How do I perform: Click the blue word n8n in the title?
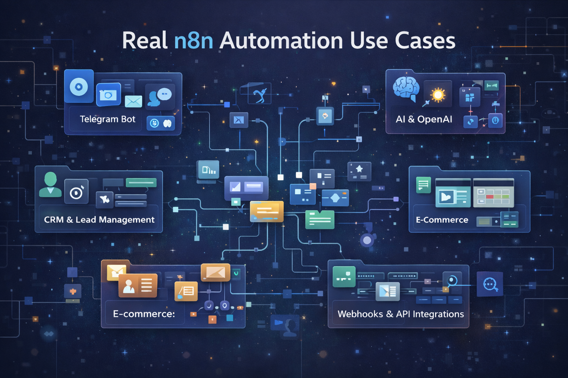click(193, 41)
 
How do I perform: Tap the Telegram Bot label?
click(108, 119)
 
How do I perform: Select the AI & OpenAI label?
click(424, 119)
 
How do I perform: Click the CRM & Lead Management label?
click(99, 220)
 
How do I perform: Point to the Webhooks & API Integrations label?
click(400, 314)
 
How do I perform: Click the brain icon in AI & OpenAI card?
click(406, 89)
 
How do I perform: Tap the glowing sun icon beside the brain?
click(438, 95)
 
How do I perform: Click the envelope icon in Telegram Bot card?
click(133, 101)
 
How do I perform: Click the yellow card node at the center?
click(267, 212)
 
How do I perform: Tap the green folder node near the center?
click(320, 220)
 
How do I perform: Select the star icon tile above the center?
click(359, 171)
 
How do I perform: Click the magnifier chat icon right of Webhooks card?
click(490, 284)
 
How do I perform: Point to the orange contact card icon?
click(138, 285)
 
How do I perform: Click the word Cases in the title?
click(425, 41)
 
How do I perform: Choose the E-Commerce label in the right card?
click(442, 220)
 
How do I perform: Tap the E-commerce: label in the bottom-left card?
click(144, 314)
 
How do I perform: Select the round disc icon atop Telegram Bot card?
click(79, 87)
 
